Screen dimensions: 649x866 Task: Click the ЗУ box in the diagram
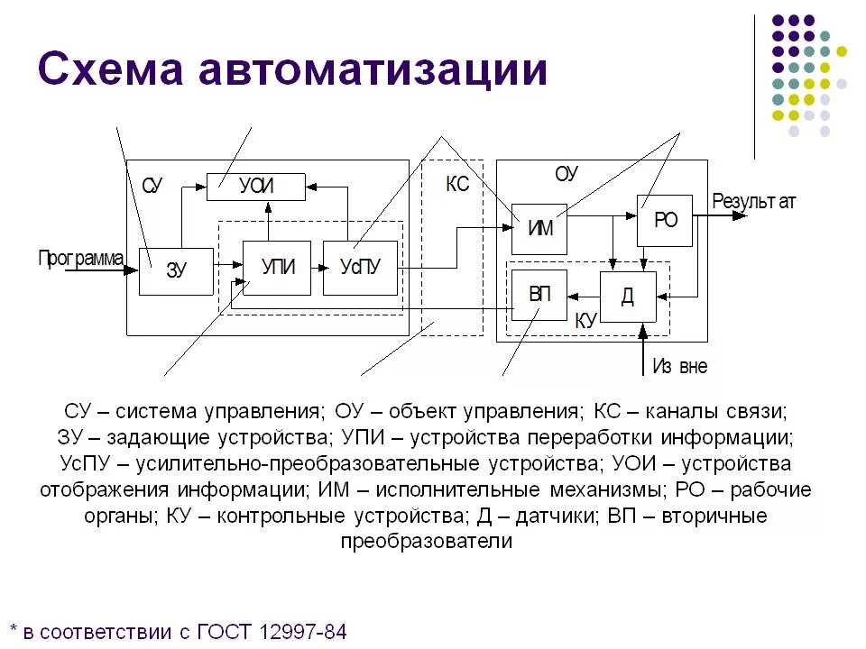(x=176, y=270)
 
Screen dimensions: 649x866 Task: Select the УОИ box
(x=256, y=187)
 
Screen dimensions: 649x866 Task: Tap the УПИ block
(x=277, y=268)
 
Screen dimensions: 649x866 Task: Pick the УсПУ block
(x=360, y=268)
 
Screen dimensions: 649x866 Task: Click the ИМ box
(x=539, y=228)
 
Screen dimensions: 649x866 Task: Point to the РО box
(x=665, y=220)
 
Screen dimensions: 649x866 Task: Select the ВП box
(x=539, y=295)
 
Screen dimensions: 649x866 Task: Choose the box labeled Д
(x=628, y=297)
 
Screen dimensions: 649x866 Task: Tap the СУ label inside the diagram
(x=152, y=187)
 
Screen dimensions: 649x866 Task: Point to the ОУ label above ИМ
(x=566, y=174)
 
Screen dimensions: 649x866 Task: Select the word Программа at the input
(x=80, y=260)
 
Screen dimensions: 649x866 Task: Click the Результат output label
(x=754, y=201)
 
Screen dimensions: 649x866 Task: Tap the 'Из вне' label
(x=679, y=367)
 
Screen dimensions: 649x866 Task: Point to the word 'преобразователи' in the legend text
(x=426, y=542)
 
